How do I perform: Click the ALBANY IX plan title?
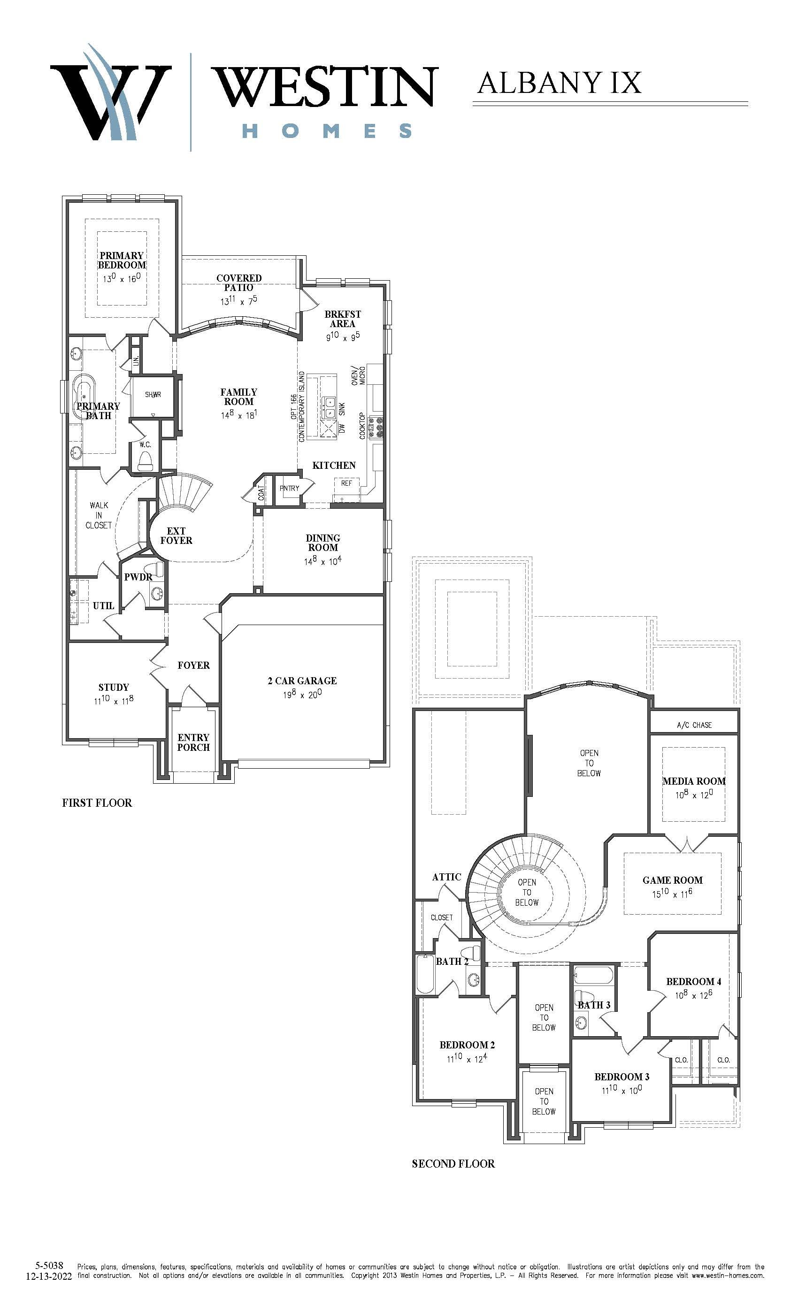(559, 83)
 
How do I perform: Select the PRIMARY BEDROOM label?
(122, 260)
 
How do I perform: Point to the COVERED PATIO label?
(239, 283)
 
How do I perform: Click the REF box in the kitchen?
(347, 483)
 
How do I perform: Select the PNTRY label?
(290, 488)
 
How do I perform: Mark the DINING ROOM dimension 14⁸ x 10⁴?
(323, 561)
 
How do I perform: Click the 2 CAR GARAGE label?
(302, 680)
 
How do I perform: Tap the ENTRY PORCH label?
(193, 742)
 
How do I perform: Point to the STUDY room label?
(113, 688)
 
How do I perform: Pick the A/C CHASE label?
(694, 725)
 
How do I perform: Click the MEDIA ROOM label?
(693, 781)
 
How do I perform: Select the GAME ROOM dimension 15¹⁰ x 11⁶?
(672, 894)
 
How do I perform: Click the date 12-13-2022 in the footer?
(48, 1276)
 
